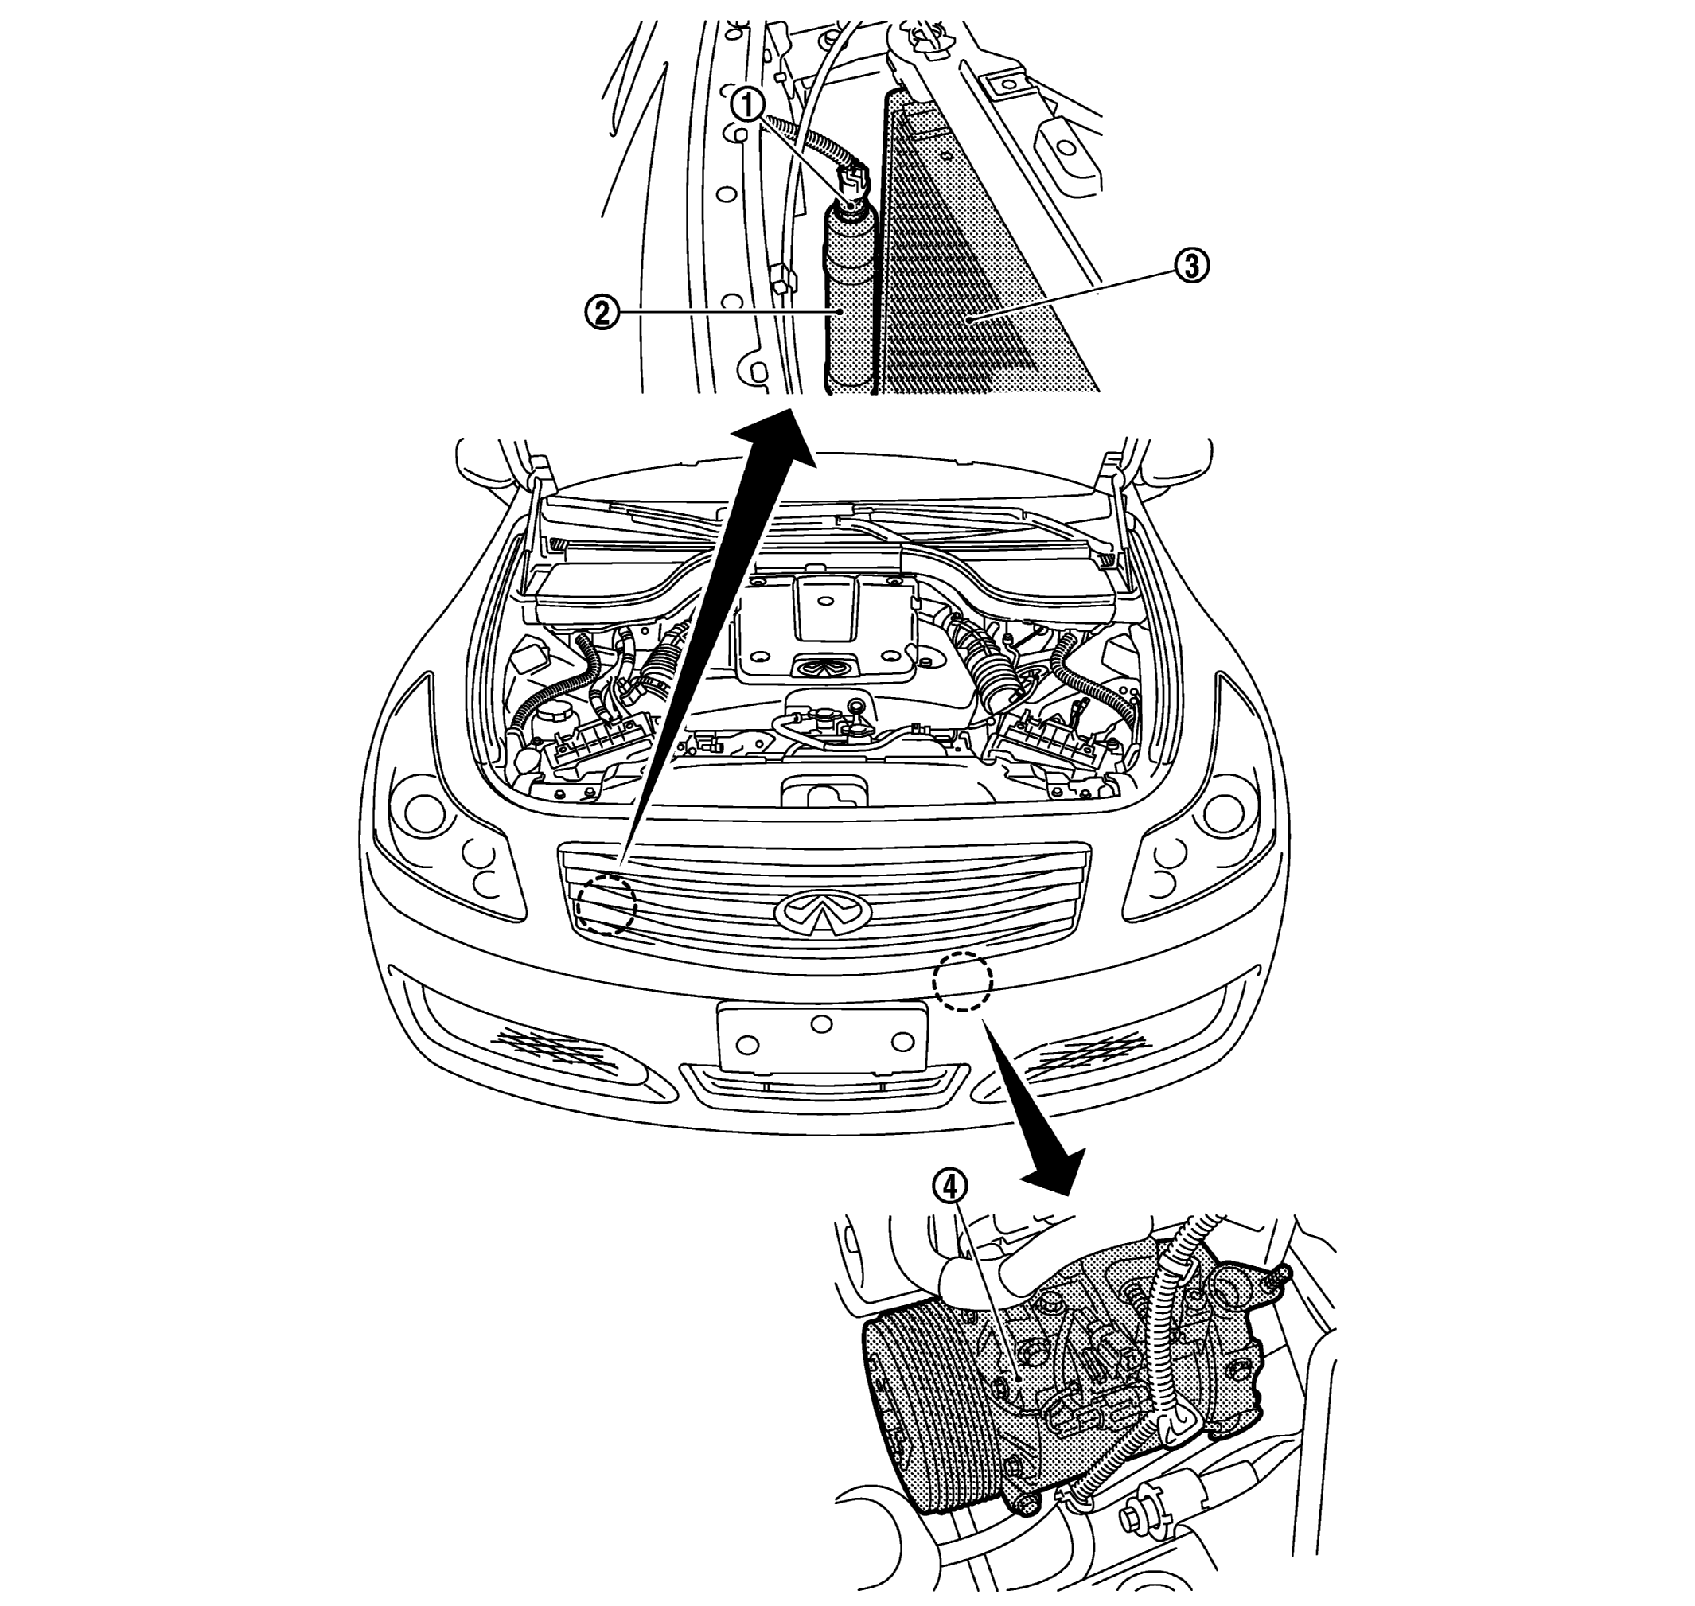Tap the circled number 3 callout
tap(1190, 267)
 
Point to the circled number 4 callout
tap(951, 1188)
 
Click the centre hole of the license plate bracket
tap(822, 1022)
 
